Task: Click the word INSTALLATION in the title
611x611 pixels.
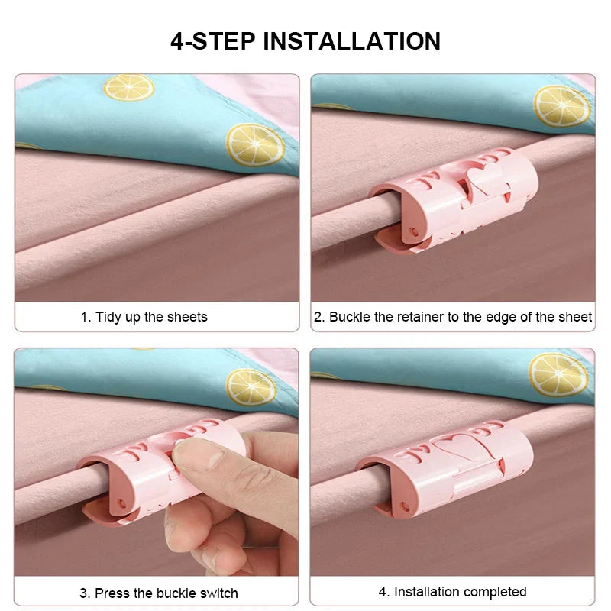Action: [352, 40]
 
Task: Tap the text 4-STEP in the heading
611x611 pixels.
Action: [212, 40]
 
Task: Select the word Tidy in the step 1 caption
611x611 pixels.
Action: [109, 317]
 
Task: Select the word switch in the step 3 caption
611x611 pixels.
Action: [218, 593]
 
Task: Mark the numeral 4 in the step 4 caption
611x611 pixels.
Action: [383, 592]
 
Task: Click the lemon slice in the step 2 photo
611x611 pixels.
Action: [561, 105]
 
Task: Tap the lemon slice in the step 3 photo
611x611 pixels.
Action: [251, 386]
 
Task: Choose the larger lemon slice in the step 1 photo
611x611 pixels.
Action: [254, 145]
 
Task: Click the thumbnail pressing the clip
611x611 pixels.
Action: [196, 458]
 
